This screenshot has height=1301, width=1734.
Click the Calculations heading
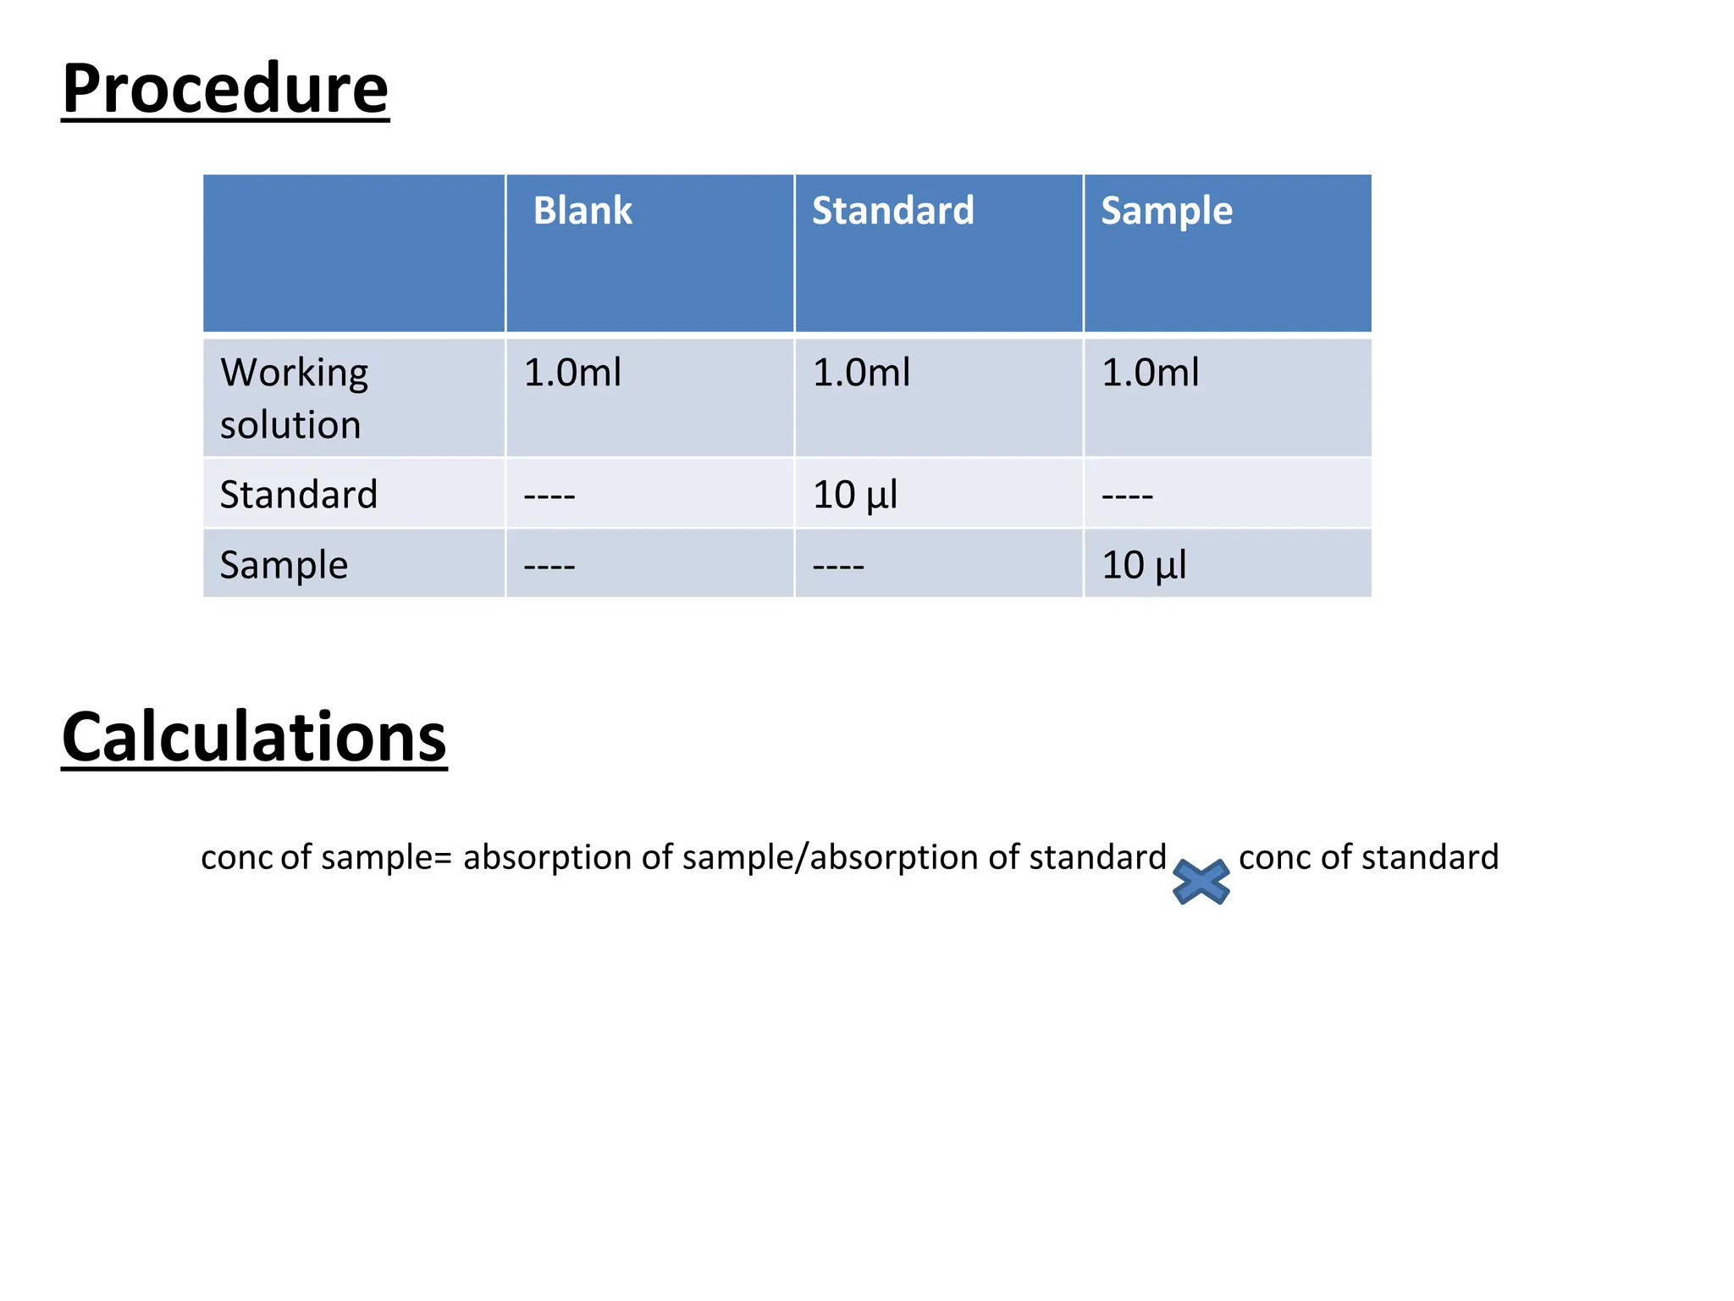(254, 737)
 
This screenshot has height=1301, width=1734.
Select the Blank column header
(583, 210)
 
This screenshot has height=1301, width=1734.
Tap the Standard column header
(892, 210)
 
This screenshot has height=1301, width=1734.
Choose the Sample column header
(1166, 211)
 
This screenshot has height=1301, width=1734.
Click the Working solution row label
(294, 398)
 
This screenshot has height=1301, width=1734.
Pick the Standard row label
(298, 494)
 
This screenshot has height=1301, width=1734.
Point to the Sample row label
(284, 565)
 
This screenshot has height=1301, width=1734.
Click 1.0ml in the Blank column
(572, 373)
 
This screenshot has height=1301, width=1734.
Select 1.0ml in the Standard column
(861, 373)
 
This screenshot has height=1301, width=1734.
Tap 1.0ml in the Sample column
(1150, 373)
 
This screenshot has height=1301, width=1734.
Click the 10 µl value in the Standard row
(854, 495)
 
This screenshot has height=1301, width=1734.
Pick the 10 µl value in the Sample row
(1143, 565)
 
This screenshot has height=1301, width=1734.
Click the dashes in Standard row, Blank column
(549, 495)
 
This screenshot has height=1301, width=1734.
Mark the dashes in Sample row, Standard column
(838, 566)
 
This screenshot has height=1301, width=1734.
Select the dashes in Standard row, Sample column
(1127, 495)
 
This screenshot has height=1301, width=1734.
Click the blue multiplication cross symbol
(1201, 882)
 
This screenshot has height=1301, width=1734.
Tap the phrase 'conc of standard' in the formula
(1368, 857)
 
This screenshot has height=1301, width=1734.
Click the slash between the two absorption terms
(803, 857)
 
